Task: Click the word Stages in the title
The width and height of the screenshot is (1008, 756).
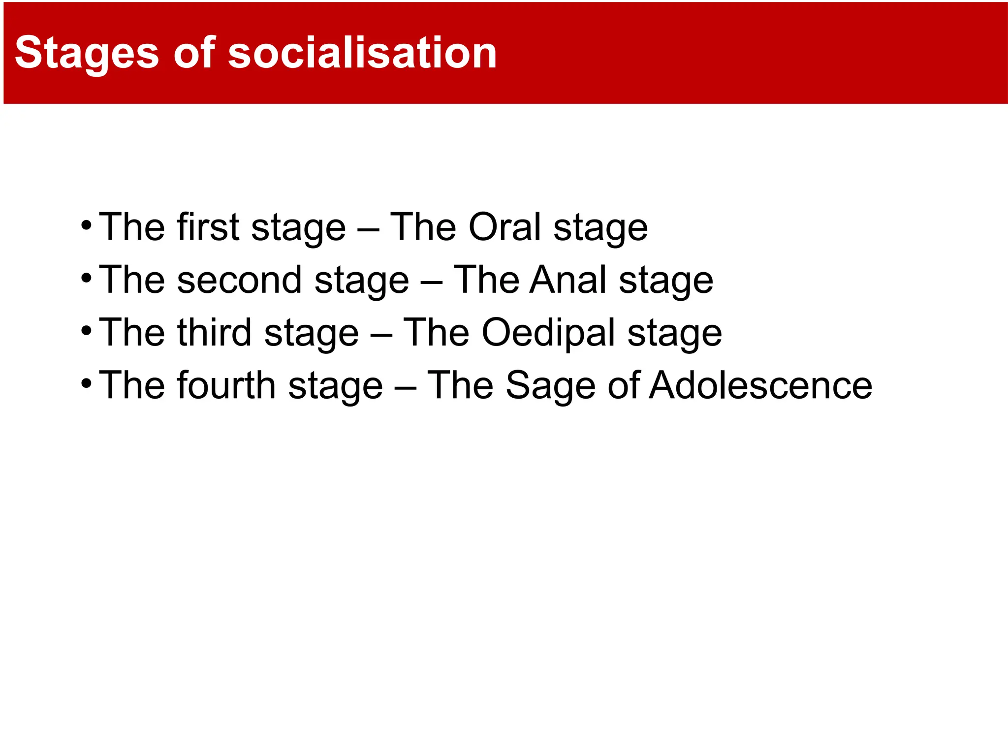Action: tap(87, 53)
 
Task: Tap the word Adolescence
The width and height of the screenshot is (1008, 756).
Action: tap(760, 385)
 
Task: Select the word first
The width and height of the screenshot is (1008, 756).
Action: tap(209, 227)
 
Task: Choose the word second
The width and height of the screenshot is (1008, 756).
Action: tap(239, 280)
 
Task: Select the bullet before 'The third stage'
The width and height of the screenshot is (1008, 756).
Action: tap(86, 331)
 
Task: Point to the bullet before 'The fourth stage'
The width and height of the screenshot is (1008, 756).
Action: tap(86, 383)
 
